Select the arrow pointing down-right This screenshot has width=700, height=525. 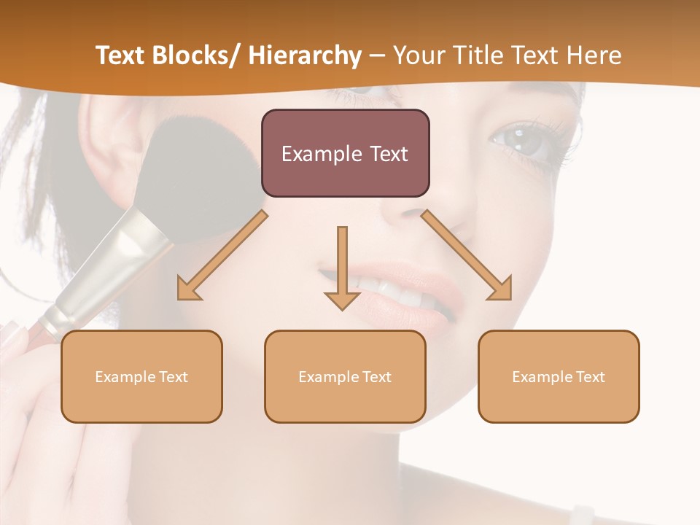[x=467, y=256]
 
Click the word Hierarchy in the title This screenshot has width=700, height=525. [x=305, y=55]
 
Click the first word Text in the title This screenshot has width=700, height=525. [x=121, y=55]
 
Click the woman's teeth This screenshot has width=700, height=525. [x=394, y=292]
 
